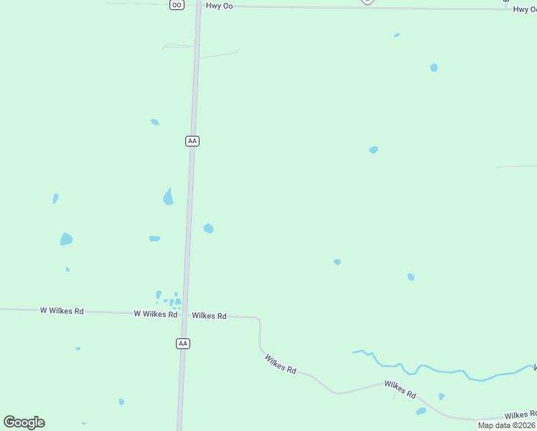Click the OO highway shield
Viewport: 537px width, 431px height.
[x=177, y=4]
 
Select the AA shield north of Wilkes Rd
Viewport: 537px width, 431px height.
[x=192, y=141]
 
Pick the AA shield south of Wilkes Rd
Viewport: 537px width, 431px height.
[x=183, y=344]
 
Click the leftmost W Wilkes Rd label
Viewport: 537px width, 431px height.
[x=62, y=311]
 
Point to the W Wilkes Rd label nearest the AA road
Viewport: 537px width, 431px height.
[x=155, y=314]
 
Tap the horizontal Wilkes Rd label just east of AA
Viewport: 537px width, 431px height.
[x=209, y=315]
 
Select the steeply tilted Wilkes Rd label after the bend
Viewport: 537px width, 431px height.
[x=280, y=363]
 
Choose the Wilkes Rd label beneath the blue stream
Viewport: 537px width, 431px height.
[x=400, y=389]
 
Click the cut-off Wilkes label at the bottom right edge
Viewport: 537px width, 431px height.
[x=520, y=415]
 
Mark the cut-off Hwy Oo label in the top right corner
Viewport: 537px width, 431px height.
[x=524, y=9]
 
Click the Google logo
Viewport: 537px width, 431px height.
[x=24, y=422]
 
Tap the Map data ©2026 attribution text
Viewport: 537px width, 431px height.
[x=507, y=425]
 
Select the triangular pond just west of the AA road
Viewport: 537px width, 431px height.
[x=168, y=197]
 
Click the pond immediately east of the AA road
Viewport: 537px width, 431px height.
[x=208, y=228]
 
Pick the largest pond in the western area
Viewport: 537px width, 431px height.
[x=66, y=238]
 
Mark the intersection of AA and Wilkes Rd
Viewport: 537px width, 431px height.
[x=185, y=314]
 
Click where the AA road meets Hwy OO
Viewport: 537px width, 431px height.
[x=198, y=6]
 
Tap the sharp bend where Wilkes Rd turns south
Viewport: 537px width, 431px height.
[x=258, y=319]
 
